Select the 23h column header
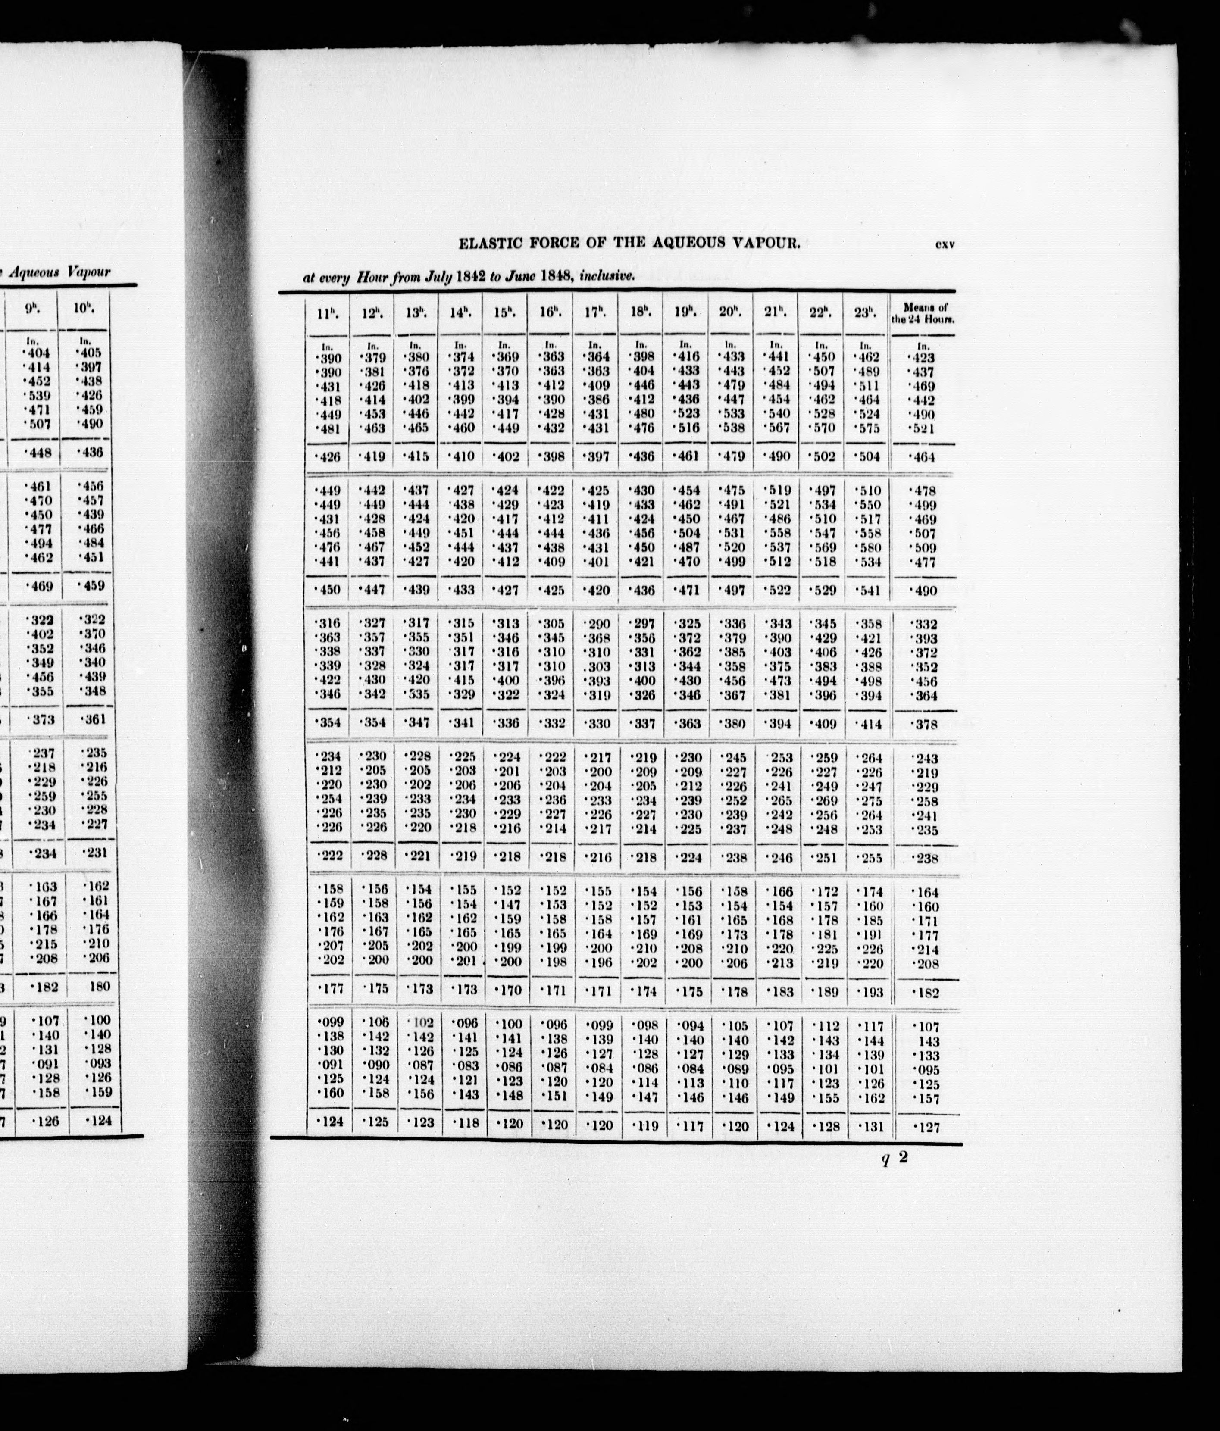(x=865, y=312)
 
